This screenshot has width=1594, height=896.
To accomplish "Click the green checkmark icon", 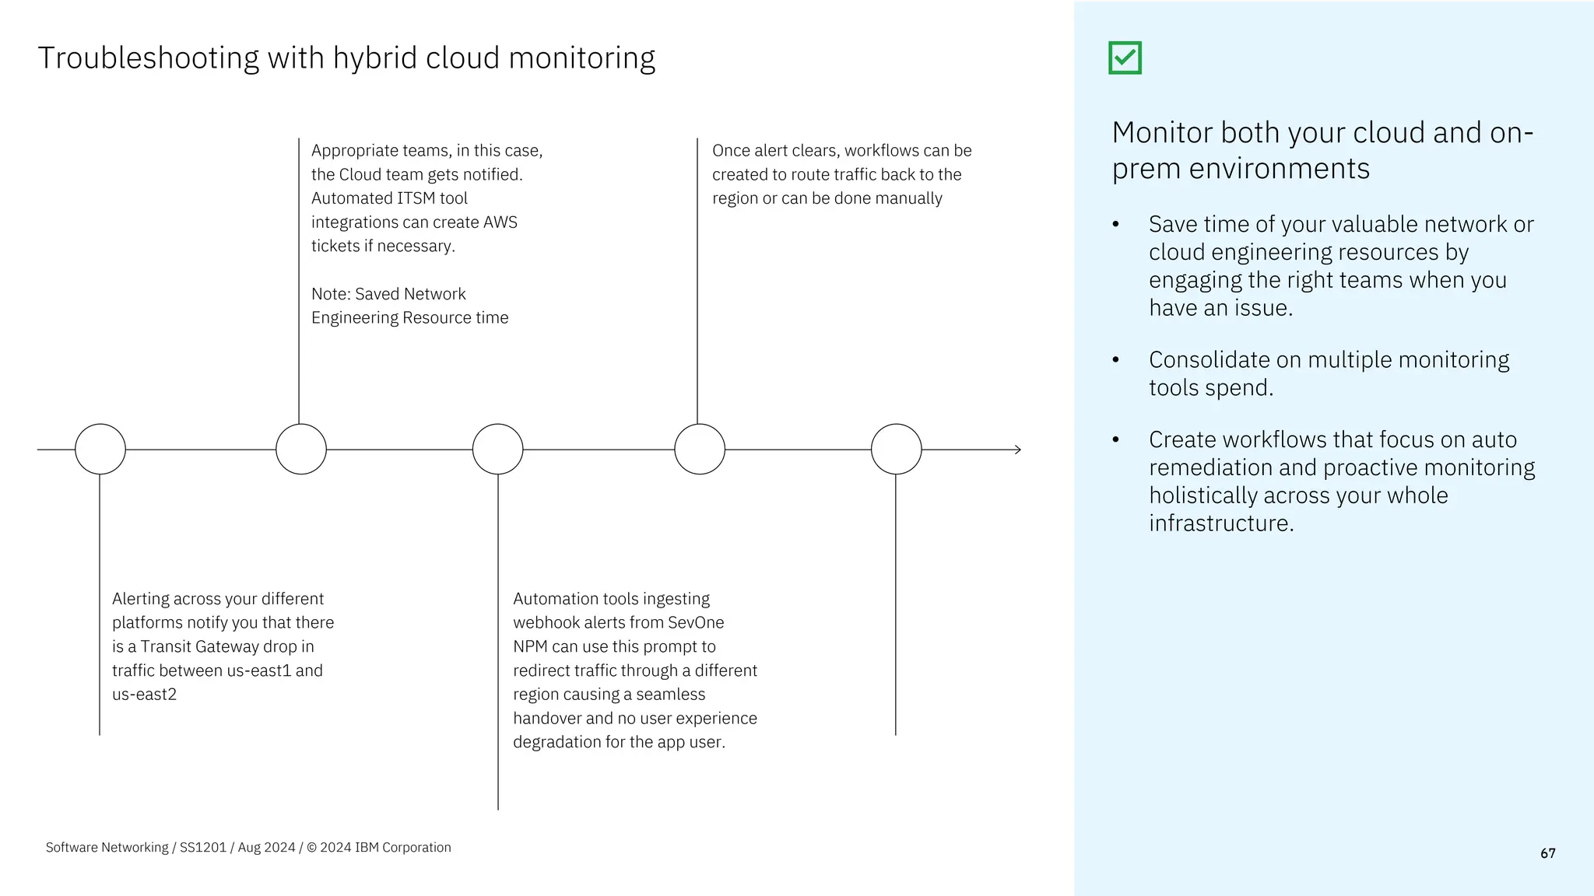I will (1125, 58).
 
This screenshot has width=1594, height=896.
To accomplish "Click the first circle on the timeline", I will (100, 450).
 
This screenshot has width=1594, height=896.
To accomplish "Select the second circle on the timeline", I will (301, 450).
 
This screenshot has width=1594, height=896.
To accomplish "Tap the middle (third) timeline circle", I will (498, 450).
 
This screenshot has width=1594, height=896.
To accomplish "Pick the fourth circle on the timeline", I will (700, 450).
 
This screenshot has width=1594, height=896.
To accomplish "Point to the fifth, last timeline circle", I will (897, 450).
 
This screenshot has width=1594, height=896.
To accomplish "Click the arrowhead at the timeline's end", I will (1017, 450).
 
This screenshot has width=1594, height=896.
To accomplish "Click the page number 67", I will (1547, 853).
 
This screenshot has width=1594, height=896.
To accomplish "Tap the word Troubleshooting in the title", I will (148, 58).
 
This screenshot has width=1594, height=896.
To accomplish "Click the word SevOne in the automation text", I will (696, 622).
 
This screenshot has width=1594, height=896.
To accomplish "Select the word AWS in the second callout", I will (500, 222).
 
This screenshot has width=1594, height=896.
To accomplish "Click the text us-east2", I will (144, 695).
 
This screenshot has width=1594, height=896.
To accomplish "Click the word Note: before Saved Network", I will (331, 294).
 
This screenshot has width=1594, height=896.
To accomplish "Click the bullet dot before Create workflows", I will (1115, 439).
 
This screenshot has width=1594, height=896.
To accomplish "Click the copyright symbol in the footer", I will (311, 848).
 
